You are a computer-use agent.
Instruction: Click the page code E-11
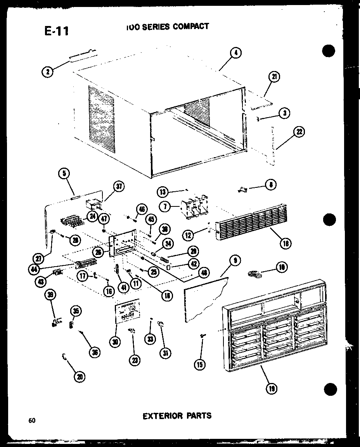click(56, 31)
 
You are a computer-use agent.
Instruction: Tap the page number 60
click(31, 420)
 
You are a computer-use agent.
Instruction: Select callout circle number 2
click(48, 71)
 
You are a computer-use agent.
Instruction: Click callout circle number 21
click(275, 77)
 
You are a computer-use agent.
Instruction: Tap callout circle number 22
click(299, 132)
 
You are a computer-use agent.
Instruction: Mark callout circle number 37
click(119, 187)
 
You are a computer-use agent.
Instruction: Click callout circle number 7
click(166, 207)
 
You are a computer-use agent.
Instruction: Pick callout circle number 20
click(80, 376)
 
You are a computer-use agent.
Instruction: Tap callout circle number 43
click(40, 282)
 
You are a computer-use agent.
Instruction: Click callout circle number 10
click(281, 267)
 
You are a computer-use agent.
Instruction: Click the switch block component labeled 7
click(194, 208)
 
